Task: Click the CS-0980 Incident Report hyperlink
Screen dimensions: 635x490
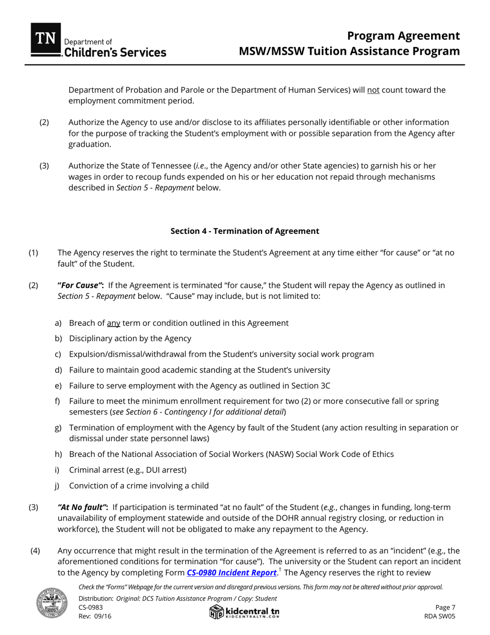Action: [x=231, y=573]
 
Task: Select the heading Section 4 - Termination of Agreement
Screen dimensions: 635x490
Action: [x=244, y=231]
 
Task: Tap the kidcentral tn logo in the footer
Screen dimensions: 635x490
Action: [x=244, y=612]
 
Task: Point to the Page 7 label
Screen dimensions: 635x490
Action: [x=445, y=608]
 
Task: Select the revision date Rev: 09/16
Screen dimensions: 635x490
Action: [x=95, y=616]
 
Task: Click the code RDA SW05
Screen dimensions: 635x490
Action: [x=439, y=616]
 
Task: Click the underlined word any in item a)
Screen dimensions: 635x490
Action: [x=113, y=323]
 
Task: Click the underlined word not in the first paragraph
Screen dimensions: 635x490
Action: [x=373, y=90]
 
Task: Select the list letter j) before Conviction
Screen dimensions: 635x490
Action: [x=58, y=486]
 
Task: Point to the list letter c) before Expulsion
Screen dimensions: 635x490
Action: [x=58, y=355]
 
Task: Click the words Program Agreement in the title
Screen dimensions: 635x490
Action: [x=403, y=36]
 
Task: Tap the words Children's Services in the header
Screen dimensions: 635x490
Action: [x=115, y=52]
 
